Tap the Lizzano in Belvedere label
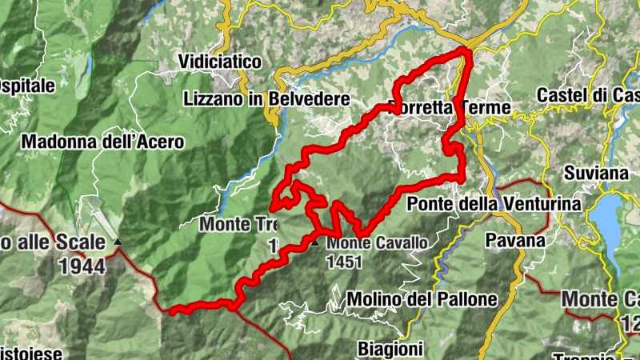tap(266, 99)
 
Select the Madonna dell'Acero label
tap(103, 142)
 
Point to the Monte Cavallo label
tap(377, 242)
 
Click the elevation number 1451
tap(345, 261)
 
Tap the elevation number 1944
tap(82, 266)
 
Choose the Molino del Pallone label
tap(422, 299)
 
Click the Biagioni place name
tap(390, 349)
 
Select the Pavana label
tap(515, 240)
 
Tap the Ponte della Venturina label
tap(494, 204)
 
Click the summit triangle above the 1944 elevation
tap(118, 241)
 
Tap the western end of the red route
tap(171, 309)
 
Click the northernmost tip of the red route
tap(465, 50)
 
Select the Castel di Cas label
tap(587, 95)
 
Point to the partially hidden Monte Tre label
tap(238, 224)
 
